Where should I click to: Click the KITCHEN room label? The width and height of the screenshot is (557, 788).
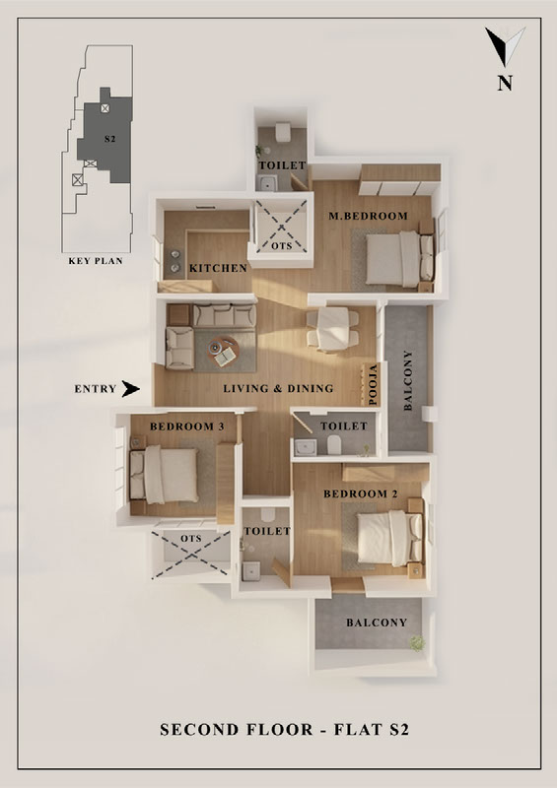click(218, 268)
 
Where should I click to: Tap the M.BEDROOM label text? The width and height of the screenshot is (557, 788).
click(368, 216)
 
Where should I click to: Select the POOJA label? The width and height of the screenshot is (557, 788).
click(373, 384)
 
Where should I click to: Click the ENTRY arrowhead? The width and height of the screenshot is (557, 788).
click(130, 388)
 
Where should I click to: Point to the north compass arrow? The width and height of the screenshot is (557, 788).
click(505, 46)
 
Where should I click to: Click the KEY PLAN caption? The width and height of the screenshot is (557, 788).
click(96, 261)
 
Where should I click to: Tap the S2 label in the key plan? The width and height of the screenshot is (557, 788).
click(109, 139)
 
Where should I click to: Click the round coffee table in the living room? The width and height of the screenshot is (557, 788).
click(224, 351)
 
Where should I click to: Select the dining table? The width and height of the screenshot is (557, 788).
click(333, 329)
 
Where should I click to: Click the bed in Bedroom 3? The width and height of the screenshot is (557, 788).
click(164, 475)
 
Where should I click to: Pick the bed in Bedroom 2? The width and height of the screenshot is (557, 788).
click(389, 538)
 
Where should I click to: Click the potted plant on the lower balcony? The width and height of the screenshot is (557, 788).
click(417, 643)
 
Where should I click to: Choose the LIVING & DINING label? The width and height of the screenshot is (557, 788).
click(278, 388)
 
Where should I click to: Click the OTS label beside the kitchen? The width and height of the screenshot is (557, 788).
click(281, 246)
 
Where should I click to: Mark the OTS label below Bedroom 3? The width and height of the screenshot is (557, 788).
click(190, 538)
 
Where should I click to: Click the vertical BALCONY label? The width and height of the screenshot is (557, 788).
click(408, 380)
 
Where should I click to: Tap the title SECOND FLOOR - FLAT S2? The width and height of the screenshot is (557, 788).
click(285, 729)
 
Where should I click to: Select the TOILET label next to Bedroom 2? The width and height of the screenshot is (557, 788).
click(267, 531)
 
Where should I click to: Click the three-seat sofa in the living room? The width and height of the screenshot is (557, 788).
click(225, 315)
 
